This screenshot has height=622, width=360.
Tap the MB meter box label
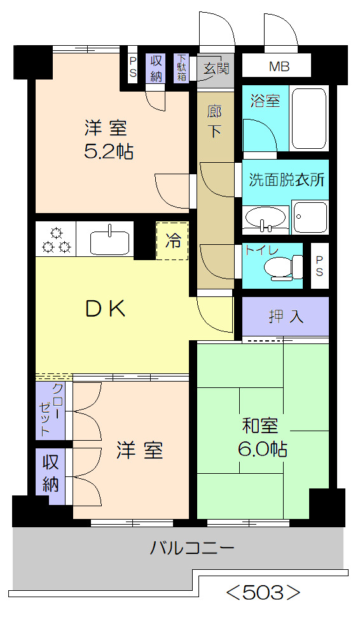(x=278, y=66)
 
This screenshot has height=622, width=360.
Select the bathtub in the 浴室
(x=308, y=118)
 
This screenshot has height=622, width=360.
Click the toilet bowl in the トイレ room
(x=282, y=267)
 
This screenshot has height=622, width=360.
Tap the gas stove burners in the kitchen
(x=55, y=239)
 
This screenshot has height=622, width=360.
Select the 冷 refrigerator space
(x=172, y=241)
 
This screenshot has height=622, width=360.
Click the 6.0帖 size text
(x=262, y=449)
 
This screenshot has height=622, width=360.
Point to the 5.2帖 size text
(x=109, y=151)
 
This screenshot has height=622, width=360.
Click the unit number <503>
(x=263, y=593)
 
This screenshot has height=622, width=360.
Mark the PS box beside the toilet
(x=319, y=266)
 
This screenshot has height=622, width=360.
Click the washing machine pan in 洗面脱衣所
(x=310, y=217)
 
